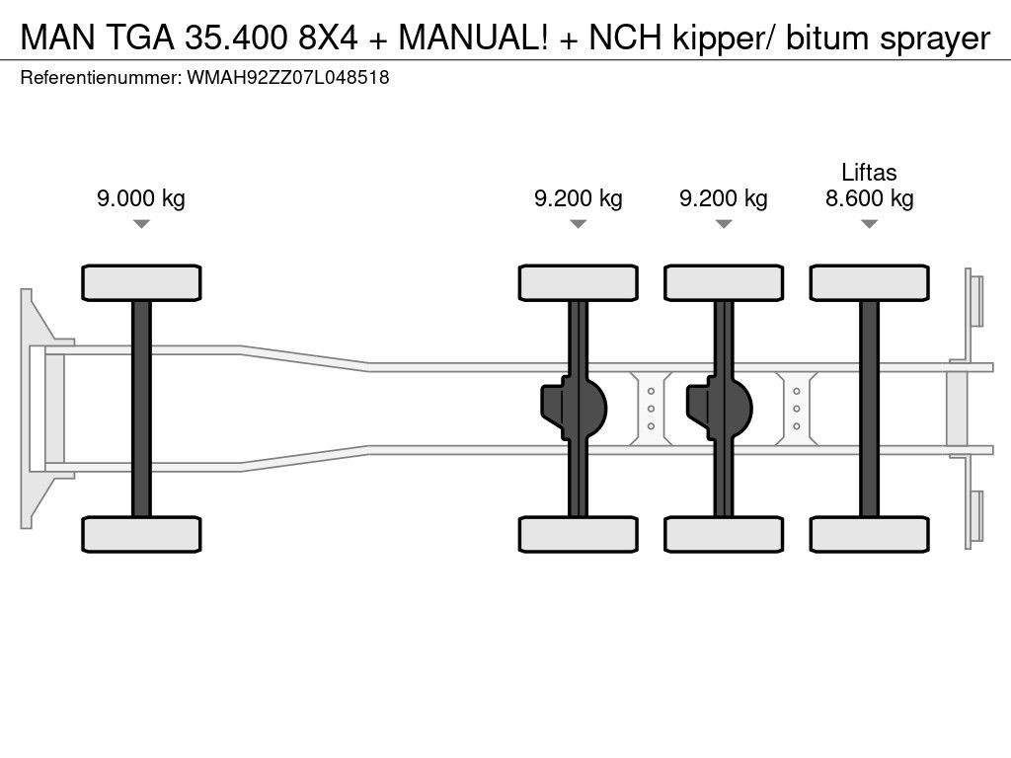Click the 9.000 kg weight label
pos(141,198)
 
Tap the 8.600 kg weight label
pos(869,198)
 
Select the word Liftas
pos(869,173)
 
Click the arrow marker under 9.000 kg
pos(141,224)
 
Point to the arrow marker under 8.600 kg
pos(869,224)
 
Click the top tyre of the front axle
pos(141,282)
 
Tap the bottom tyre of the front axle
pos(141,535)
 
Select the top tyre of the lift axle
pos(869,282)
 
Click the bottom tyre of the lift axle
pos(869,535)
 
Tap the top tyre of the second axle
pos(579,282)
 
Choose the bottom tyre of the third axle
pos(724,535)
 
